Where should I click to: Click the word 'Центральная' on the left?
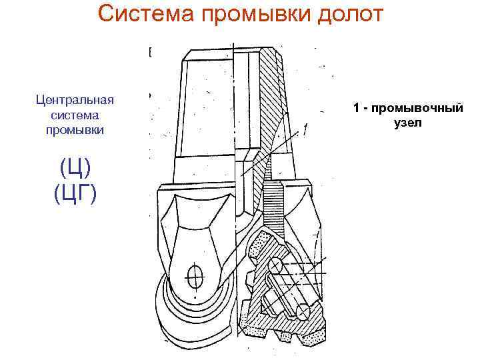click(75, 100)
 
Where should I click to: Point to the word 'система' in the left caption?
click(75, 115)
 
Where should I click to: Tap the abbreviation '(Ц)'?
click(75, 165)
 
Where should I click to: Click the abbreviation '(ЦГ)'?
click(75, 193)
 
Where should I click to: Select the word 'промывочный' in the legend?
click(417, 108)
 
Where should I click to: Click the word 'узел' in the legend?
click(408, 123)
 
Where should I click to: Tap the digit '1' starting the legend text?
click(357, 108)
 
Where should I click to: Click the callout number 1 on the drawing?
click(305, 130)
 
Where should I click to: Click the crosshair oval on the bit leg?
click(195, 275)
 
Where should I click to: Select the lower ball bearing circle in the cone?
click(304, 311)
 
